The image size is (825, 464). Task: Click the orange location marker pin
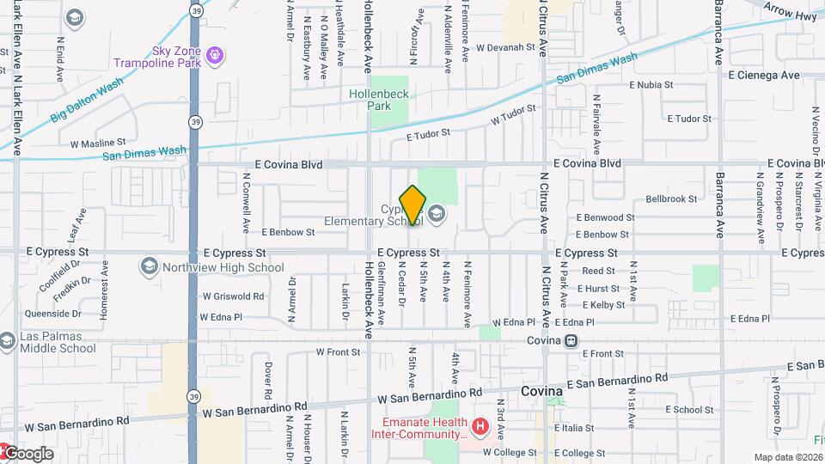click(x=413, y=205)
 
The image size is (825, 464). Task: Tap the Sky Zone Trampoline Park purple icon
click(x=214, y=57)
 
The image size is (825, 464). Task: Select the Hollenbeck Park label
click(x=370, y=100)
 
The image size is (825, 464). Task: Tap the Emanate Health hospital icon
click(x=479, y=424)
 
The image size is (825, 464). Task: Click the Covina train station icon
click(x=570, y=341)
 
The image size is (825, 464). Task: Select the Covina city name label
click(x=541, y=391)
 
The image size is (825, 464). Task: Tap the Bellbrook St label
click(x=671, y=199)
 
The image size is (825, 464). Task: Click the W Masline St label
click(x=98, y=143)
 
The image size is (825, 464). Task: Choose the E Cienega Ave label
click(x=764, y=76)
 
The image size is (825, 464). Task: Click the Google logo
click(x=27, y=453)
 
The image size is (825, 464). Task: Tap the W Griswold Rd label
click(x=233, y=296)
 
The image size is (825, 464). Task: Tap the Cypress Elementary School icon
click(x=437, y=214)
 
